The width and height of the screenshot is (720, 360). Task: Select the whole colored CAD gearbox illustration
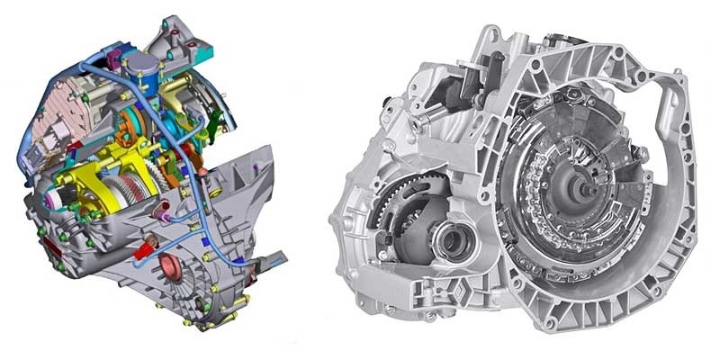[135, 180]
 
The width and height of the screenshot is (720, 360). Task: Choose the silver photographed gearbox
[513, 180]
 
